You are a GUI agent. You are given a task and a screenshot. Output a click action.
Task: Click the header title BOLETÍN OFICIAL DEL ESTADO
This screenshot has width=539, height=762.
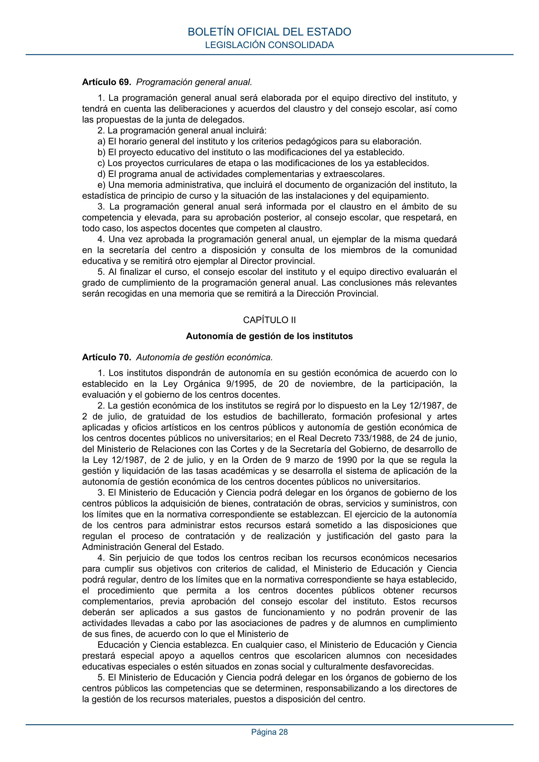pos(269,32)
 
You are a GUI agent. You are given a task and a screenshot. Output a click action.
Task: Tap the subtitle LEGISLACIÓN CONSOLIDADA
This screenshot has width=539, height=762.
pos(269,45)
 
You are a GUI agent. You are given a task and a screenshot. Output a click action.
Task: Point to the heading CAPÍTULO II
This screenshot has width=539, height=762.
pos(269,320)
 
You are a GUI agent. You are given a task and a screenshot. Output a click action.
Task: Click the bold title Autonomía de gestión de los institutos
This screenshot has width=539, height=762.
pos(269,336)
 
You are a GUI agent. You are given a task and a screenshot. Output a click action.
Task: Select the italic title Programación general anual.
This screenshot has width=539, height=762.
pos(194,82)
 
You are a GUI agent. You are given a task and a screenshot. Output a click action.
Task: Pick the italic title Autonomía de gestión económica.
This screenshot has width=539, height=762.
pos(204,357)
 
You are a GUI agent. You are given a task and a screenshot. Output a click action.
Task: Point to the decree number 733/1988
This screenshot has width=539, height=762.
pos(376,439)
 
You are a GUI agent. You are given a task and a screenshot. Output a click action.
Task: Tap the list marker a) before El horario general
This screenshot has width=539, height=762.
pos(101,142)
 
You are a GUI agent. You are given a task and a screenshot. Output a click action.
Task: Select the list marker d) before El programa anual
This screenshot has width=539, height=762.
pos(101,174)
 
